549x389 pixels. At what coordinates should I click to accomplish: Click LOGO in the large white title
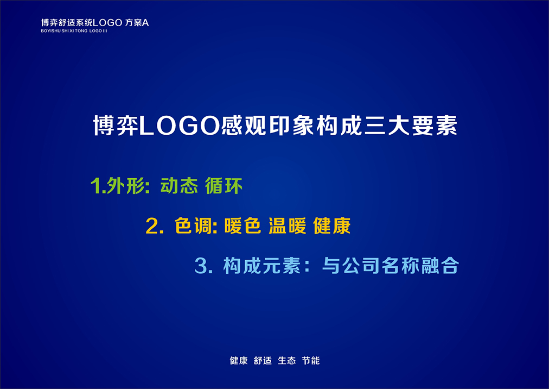point(180,126)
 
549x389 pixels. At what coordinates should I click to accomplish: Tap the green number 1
point(94,186)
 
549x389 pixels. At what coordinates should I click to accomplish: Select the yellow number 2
point(152,226)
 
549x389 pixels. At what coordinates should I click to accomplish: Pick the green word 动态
point(179,186)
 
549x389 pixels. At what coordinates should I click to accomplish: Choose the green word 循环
point(224,186)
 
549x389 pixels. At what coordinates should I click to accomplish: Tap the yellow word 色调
point(193,226)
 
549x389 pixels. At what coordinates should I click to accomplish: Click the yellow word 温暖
point(288,226)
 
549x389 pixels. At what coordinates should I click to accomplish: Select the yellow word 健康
point(332,226)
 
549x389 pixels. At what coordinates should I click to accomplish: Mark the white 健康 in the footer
point(239,361)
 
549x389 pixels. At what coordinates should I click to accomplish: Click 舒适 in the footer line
point(263,361)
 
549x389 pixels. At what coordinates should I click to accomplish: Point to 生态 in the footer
point(287,361)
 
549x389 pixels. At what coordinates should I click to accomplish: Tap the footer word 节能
point(311,361)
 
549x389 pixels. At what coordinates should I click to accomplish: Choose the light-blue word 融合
point(440,265)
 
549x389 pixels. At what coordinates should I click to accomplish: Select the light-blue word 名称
point(400,265)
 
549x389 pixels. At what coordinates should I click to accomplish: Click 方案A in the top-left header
point(137,23)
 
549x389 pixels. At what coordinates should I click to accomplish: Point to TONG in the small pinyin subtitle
point(81,31)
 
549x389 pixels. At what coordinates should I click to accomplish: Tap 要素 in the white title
point(435,126)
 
